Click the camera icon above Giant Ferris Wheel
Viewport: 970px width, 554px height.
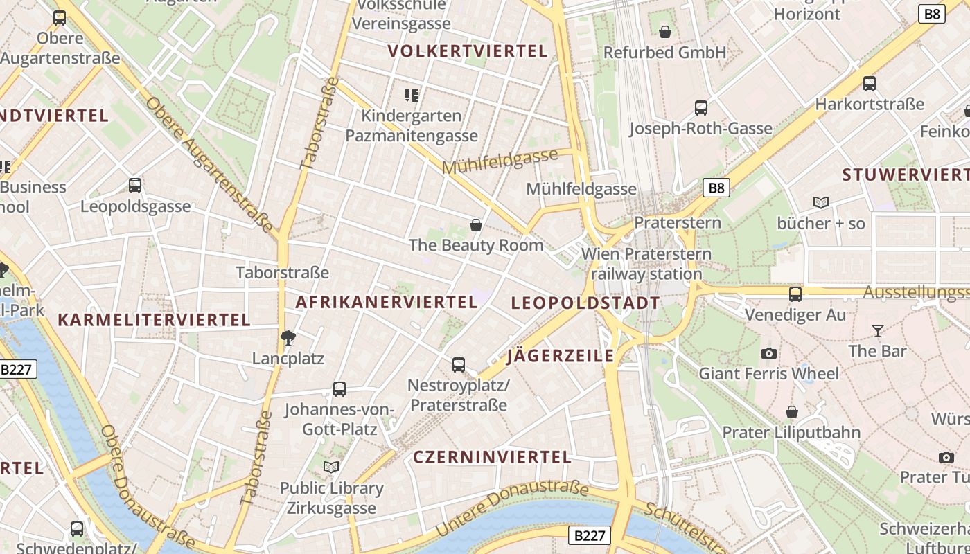768,354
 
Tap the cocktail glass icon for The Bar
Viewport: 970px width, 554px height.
878,331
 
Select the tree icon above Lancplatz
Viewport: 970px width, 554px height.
288,338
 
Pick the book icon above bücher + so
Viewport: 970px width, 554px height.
821,203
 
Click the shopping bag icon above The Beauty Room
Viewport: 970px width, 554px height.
476,225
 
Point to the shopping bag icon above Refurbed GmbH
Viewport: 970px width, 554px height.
665,32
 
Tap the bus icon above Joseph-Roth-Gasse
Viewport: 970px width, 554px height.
701,108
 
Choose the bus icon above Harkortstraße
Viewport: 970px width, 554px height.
870,84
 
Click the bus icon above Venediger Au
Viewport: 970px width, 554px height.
795,294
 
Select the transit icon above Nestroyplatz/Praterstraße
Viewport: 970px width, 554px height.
458,365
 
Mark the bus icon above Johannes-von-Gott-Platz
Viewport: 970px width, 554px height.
339,389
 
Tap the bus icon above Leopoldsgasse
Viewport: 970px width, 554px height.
135,186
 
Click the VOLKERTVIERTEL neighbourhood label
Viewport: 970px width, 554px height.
468,51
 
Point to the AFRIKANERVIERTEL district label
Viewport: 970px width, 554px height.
387,302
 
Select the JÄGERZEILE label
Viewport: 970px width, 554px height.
561,356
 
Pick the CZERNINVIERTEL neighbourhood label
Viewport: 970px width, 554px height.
492,457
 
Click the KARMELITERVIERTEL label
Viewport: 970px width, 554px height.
154,320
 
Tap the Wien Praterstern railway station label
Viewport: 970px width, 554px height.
646,264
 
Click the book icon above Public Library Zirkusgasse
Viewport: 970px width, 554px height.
331,467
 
